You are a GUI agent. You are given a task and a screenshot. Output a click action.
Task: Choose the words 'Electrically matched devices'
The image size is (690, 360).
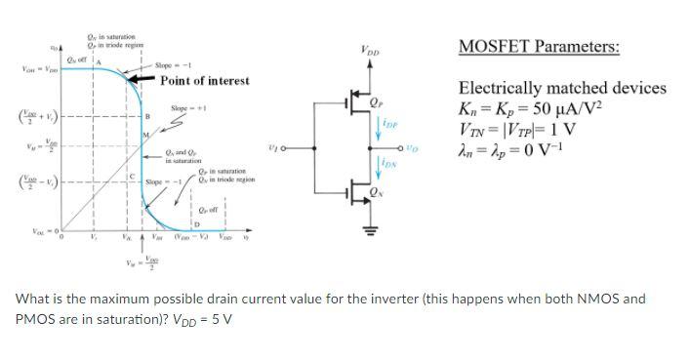coord(562,88)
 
